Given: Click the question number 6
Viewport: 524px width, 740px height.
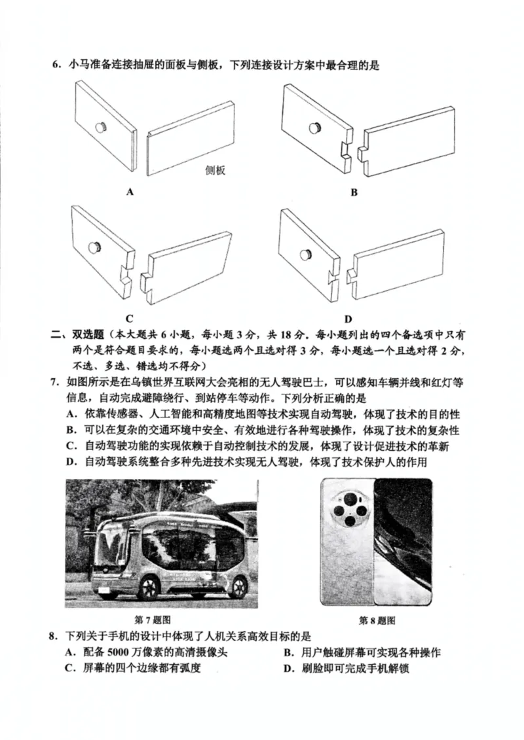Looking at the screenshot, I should (x=56, y=65).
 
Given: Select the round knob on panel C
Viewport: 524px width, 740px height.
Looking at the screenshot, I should (x=96, y=247).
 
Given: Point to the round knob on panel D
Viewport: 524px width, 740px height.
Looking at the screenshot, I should (x=305, y=254).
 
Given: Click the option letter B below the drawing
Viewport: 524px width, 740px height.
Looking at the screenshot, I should (x=354, y=192).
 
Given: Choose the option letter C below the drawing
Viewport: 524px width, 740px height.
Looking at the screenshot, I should (x=130, y=319).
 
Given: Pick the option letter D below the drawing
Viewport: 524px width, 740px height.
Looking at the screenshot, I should (x=348, y=319).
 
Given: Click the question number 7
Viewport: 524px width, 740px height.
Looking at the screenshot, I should (x=56, y=381).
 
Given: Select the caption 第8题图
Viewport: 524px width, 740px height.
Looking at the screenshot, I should (x=377, y=620).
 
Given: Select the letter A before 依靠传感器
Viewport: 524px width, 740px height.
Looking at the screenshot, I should (x=69, y=414).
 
